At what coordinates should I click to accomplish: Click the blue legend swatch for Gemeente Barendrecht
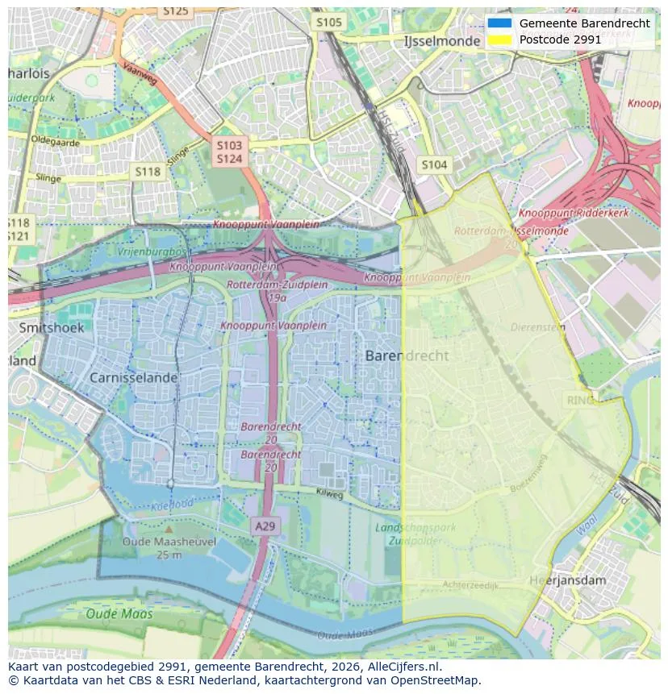coord(499,23)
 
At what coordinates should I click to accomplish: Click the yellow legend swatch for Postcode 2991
coord(499,39)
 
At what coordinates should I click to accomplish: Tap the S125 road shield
coord(175,10)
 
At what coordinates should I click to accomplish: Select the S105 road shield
coord(328,23)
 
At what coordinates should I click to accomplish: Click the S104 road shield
coord(434,165)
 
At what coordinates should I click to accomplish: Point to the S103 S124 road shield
coord(229,152)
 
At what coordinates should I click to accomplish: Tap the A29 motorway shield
coord(265,526)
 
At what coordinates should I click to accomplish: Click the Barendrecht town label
coord(407,355)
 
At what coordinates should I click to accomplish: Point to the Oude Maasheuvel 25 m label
coord(169,548)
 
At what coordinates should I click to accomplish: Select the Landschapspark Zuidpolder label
coord(415,534)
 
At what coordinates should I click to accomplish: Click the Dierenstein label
coord(538,327)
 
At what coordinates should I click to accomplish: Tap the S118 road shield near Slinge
coord(147,172)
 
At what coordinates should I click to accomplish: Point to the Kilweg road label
coord(329,492)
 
